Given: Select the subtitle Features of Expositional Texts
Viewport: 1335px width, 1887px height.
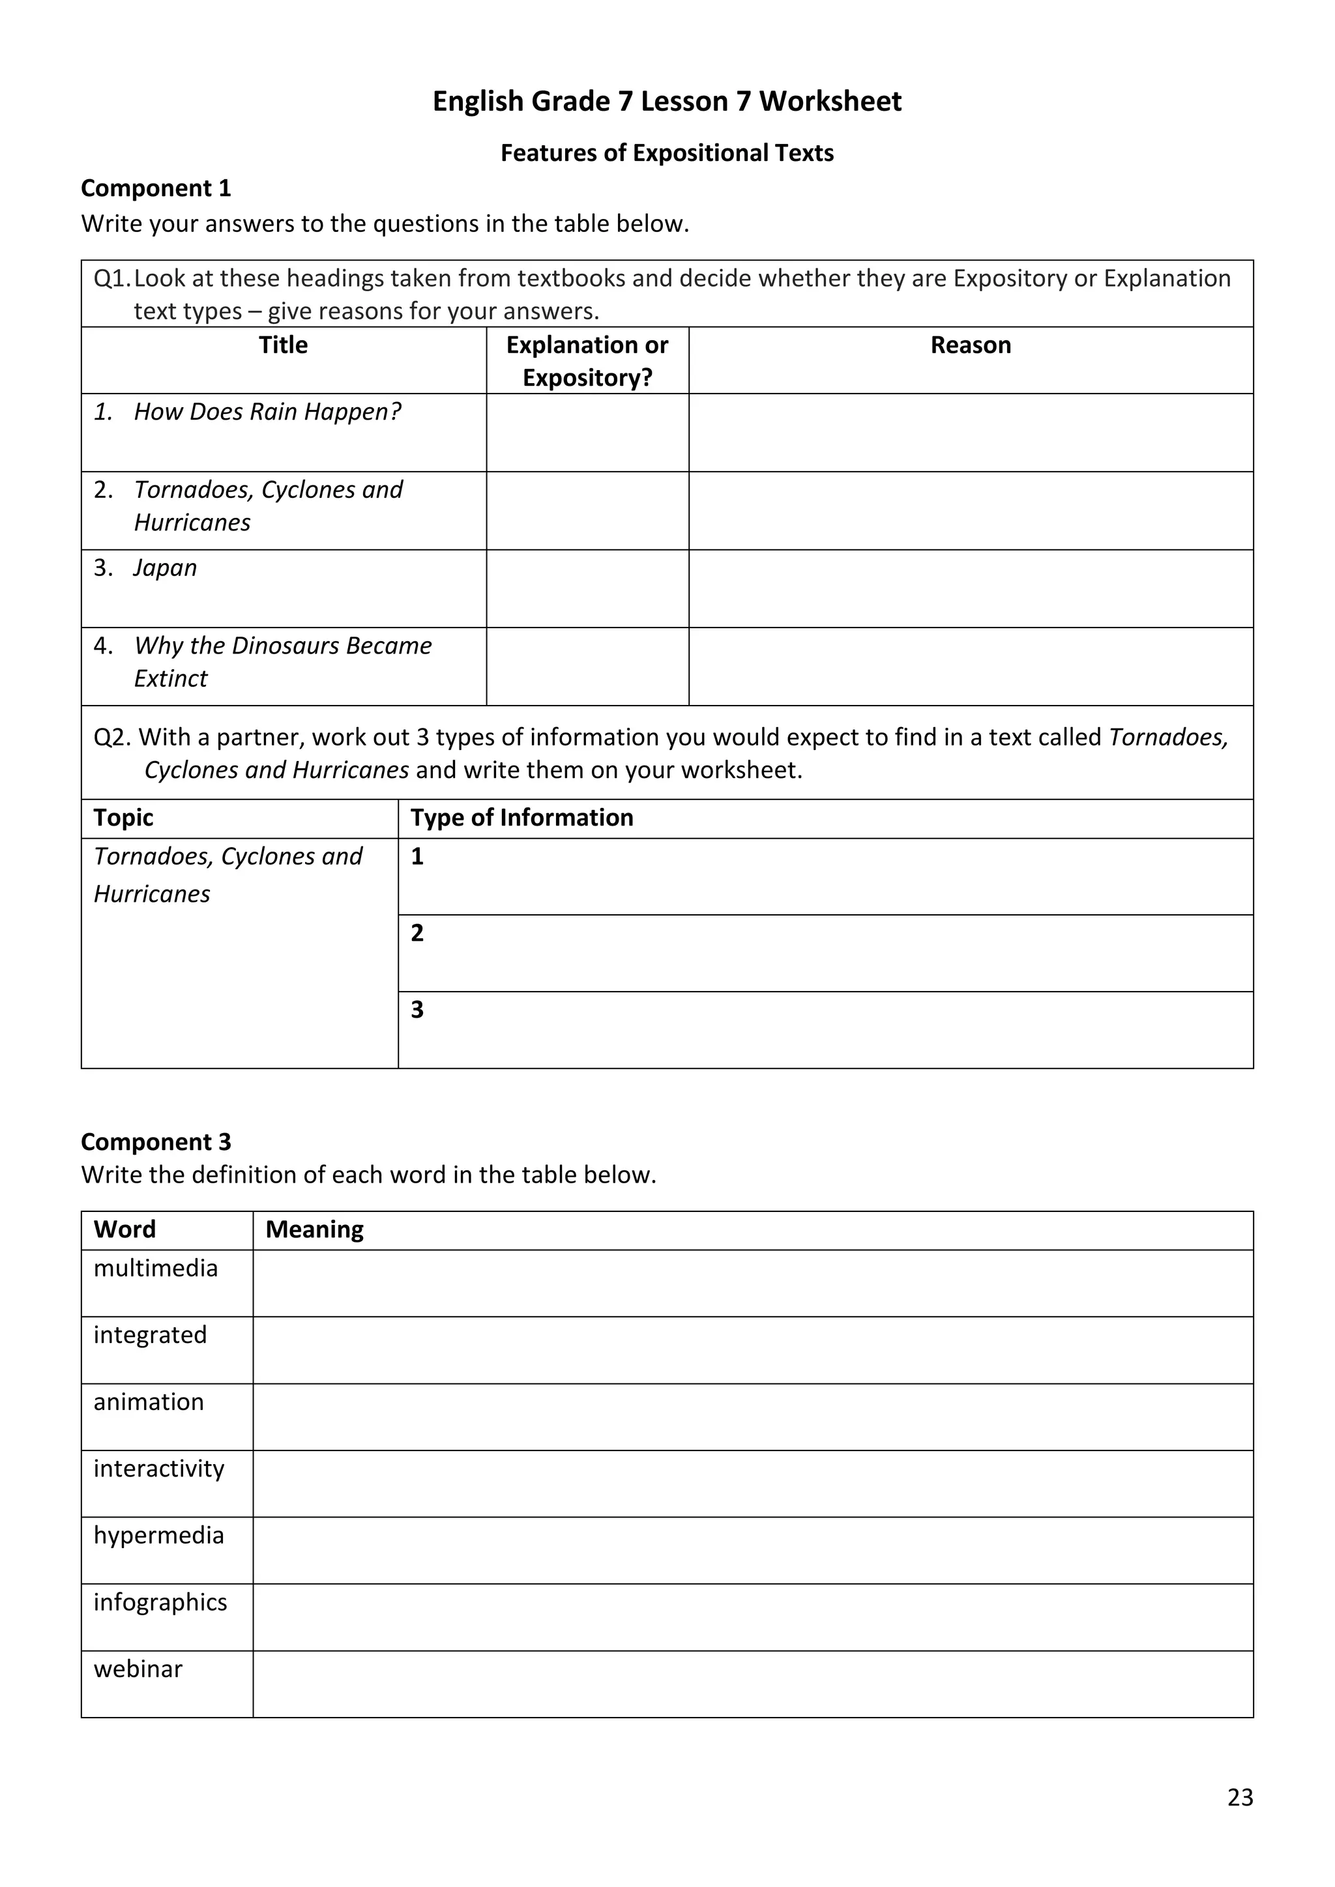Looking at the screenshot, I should pos(667,153).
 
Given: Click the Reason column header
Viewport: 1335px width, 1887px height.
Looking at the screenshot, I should pos(970,345).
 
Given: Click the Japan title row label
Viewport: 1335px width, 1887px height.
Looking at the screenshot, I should pos(165,568).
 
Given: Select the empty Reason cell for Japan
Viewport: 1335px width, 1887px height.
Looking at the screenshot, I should pos(970,588).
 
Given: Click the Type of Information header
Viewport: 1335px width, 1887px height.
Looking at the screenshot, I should pos(522,818).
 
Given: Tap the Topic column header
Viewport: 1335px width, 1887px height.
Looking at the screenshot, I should pos(123,818).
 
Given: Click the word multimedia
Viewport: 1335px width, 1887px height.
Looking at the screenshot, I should pos(155,1268).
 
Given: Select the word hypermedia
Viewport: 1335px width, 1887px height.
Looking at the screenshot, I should pos(158,1535).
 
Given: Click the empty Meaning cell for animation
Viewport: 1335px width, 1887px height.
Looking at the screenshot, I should pos(752,1417).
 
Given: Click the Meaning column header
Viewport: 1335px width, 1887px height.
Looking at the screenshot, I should pos(314,1230).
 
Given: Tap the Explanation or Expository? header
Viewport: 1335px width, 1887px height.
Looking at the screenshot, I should pos(587,361).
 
